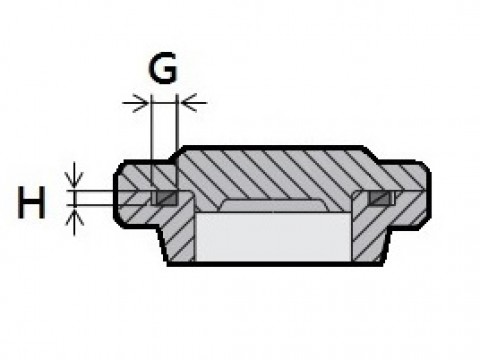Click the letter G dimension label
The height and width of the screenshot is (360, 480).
[x=163, y=68]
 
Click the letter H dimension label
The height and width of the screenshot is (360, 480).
[x=31, y=202]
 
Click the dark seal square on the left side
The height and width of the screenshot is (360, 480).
[x=166, y=198]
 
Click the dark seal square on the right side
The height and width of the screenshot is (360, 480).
[x=378, y=198]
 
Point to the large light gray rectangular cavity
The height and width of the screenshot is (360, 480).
[x=273, y=237]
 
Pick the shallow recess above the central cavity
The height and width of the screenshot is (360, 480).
[x=273, y=205]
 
